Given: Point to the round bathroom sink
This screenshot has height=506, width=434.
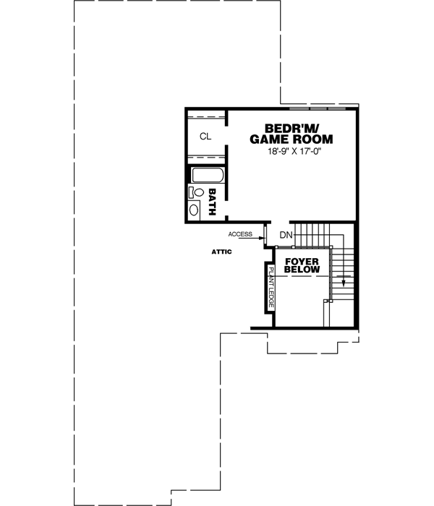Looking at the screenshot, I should click(194, 210).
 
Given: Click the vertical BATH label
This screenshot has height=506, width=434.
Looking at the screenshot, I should click(213, 199).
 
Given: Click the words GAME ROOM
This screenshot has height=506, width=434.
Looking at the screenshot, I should click(292, 140).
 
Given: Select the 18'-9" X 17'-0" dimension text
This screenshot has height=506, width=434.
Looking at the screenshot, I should click(292, 152).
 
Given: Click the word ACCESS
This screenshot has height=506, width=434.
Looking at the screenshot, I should click(239, 235).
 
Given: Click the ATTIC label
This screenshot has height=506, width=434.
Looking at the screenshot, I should click(221, 252).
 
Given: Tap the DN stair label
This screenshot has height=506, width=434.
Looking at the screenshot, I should click(286, 235).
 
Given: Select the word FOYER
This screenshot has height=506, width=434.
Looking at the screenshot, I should click(302, 260).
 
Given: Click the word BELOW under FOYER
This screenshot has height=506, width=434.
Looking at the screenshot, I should click(302, 270).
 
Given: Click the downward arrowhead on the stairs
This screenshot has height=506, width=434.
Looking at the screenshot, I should click(344, 281).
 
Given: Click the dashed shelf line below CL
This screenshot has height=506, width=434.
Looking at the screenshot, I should click(205, 157).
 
